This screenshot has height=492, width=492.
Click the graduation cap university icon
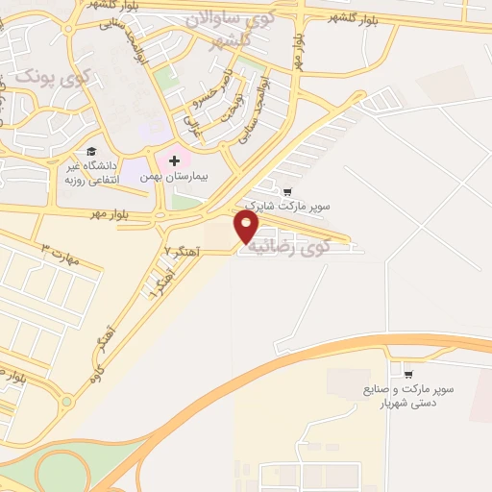pyautogui.click(x=91, y=152)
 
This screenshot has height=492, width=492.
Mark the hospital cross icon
pyautogui.click(x=174, y=160)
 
